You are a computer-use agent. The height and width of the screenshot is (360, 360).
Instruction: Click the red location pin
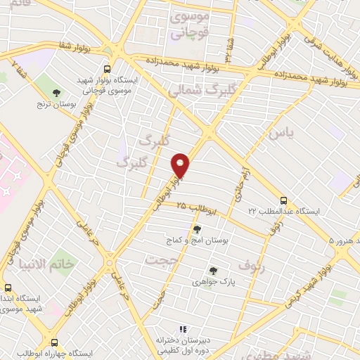181,166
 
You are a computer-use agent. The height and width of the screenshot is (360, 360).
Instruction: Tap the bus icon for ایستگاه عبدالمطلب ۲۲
283,200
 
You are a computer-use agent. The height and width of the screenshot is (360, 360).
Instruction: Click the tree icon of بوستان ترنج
57,93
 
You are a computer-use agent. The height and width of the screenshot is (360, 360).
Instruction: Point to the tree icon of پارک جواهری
212,271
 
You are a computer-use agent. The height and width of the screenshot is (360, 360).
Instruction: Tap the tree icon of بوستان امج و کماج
196,229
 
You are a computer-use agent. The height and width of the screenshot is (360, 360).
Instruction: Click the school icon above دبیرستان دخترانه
183,328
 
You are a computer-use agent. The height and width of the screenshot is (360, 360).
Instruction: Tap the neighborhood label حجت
158,260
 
